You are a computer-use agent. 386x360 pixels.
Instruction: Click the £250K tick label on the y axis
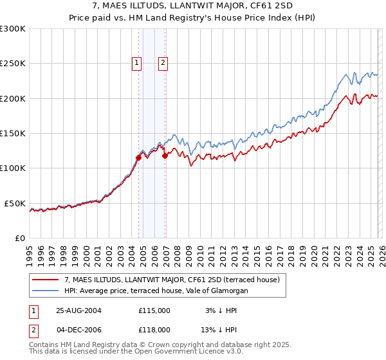pyautogui.click(x=13, y=64)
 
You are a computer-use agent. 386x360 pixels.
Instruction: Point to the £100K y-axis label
pyautogui.click(x=13, y=168)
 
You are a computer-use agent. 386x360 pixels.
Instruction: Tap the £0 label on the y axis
pyautogui.click(x=21, y=238)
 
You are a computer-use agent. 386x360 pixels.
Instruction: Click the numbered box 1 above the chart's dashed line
pyautogui.click(x=137, y=62)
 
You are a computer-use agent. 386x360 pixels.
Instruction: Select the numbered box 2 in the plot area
pyautogui.click(x=163, y=62)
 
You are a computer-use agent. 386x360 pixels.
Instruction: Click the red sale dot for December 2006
pyautogui.click(x=165, y=156)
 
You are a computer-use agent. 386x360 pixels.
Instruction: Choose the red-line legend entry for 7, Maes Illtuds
pyautogui.click(x=171, y=280)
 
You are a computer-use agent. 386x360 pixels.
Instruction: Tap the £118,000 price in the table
pyautogui.click(x=154, y=330)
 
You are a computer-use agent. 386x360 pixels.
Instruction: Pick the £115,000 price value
pyautogui.click(x=154, y=310)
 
